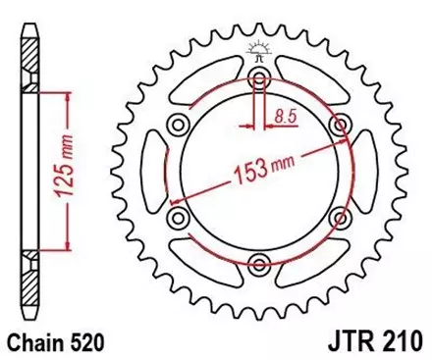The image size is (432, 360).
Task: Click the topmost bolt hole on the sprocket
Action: tap(258, 79)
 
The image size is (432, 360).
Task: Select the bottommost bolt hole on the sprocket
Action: tap(258, 261)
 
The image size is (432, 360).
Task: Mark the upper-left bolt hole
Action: tap(179, 125)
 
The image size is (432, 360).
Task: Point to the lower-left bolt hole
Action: tap(179, 216)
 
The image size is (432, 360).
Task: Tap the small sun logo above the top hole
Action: tap(258, 46)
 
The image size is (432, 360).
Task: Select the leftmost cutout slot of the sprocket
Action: tap(155, 171)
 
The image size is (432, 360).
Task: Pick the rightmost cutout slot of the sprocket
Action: tap(362, 171)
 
